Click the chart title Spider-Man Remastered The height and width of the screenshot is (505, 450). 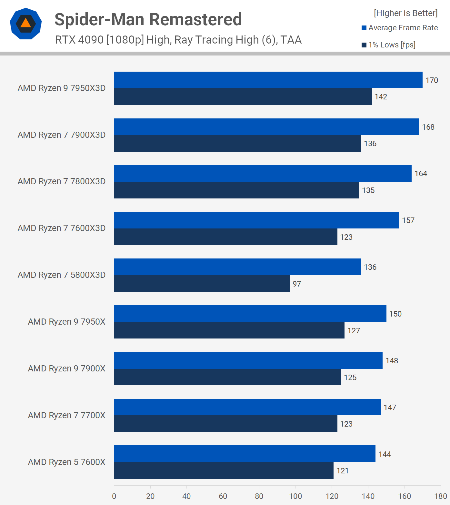[148, 19]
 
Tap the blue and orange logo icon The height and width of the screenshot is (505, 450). [26, 24]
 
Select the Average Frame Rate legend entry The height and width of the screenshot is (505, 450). [400, 28]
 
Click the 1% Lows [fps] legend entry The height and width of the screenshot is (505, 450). [388, 45]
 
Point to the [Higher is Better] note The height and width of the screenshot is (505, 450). [405, 13]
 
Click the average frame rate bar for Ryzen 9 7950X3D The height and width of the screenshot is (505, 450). [268, 80]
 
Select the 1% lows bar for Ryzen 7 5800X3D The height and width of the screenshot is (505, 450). [202, 284]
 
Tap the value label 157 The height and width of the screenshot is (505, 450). [408, 220]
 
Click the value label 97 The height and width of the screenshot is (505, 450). [297, 284]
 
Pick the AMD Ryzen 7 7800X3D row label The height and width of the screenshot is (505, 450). [62, 181]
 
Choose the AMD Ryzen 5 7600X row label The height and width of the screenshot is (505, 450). [66, 462]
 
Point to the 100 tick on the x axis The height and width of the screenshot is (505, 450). [295, 496]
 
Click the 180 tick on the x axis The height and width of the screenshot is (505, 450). [441, 496]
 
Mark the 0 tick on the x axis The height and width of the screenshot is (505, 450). [114, 496]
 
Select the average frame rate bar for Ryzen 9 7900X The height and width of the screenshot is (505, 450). [248, 360]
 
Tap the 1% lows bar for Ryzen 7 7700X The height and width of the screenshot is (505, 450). [225, 424]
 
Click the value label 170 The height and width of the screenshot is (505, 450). [432, 80]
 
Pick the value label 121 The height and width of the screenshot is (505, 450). [342, 471]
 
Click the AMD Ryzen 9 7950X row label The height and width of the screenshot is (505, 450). [66, 322]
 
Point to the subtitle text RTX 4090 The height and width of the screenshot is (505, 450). [79, 40]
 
